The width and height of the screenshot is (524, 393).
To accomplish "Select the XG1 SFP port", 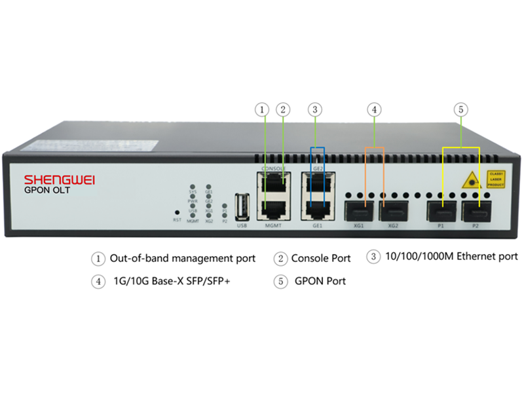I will coord(358,211).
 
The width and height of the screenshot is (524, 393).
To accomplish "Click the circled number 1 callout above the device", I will coord(263,110).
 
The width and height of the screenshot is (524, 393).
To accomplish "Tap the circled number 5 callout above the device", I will coord(461,110).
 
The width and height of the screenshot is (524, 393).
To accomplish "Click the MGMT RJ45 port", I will coord(274,208).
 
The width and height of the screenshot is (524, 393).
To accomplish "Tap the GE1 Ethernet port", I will coord(318,208).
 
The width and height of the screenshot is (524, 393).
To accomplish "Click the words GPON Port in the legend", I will coord(320,281).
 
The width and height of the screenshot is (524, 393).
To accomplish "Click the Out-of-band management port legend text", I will coord(182,258).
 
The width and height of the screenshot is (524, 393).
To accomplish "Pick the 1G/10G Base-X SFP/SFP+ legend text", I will coord(174,281).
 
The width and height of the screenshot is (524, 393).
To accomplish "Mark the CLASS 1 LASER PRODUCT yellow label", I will coord(495,179).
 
